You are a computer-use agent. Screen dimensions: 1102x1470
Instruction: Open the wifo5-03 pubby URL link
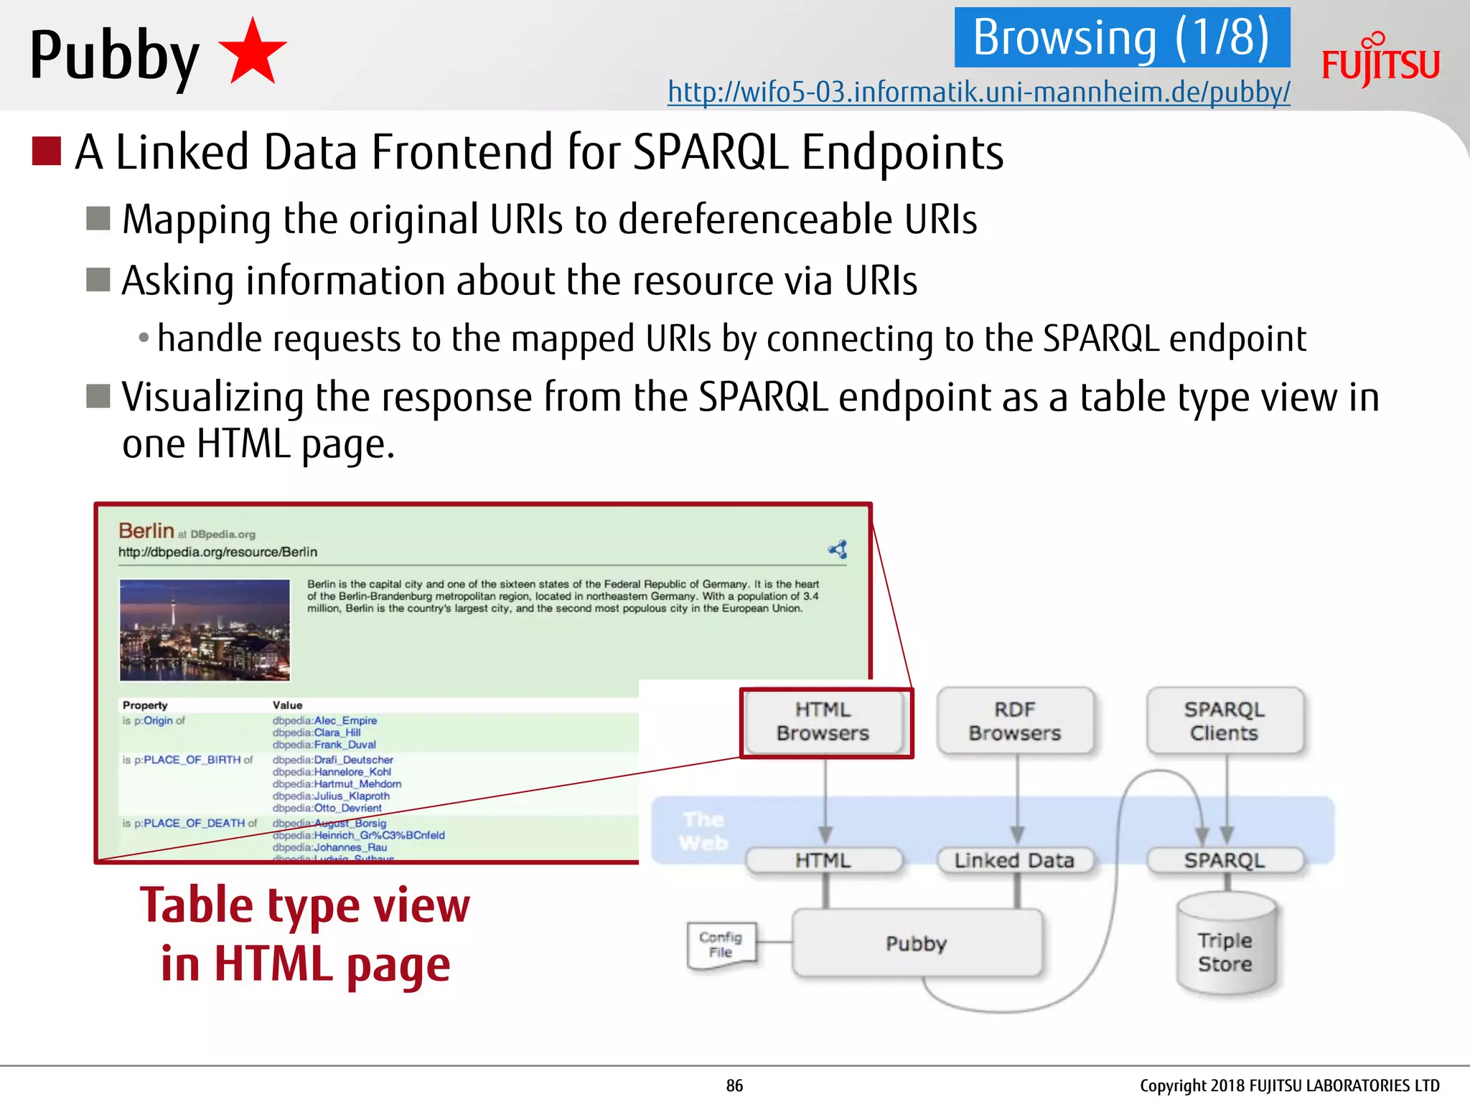coord(978,93)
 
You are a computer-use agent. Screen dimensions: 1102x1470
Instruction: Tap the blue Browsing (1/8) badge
coord(1121,37)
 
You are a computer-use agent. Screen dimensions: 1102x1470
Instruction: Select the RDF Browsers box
coord(1015,722)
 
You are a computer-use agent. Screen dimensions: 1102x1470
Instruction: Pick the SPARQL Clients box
coord(1225,722)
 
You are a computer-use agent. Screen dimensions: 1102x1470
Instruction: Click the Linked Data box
coord(1015,860)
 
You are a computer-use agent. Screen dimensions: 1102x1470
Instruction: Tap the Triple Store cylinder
coord(1225,946)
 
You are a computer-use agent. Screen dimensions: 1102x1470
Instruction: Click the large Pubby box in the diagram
coord(917,943)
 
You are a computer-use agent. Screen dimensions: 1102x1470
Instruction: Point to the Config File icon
coord(721,945)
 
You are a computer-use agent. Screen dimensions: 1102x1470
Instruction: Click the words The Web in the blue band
coord(704,832)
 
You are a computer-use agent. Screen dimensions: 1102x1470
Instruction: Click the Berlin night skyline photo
coord(205,630)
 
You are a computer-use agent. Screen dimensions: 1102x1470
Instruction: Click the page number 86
coord(734,1085)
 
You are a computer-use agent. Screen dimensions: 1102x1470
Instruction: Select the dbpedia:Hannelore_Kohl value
coord(332,772)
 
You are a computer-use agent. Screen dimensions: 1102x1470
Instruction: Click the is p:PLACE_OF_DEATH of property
coord(189,823)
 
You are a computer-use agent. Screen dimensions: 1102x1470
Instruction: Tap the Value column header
coord(287,705)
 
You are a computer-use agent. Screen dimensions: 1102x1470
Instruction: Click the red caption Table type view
coord(305,906)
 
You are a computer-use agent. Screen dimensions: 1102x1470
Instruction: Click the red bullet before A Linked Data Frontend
coord(47,151)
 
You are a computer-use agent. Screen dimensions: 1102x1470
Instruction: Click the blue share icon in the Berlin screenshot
coord(838,550)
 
